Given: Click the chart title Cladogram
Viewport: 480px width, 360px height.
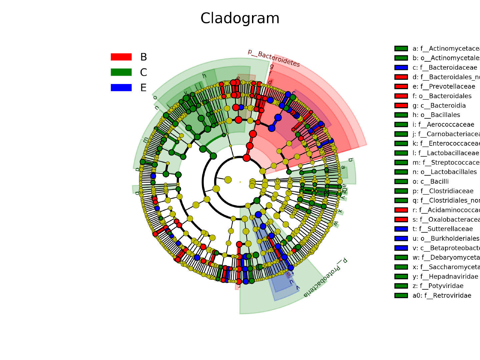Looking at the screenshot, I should click(x=240, y=18).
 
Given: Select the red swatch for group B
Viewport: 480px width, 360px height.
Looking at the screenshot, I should click(x=121, y=57).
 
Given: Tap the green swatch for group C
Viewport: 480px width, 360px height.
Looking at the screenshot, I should click(x=121, y=72).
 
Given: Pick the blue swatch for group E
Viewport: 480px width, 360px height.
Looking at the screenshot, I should click(x=121, y=88).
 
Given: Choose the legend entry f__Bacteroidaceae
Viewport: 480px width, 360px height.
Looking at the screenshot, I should click(x=445, y=68).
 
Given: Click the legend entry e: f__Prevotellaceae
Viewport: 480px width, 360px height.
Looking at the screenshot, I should click(x=444, y=87).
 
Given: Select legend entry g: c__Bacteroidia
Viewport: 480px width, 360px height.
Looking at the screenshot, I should click(x=439, y=106).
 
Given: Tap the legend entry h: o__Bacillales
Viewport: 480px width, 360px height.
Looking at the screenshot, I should click(x=436, y=115).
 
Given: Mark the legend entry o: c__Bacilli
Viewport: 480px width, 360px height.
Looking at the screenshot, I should click(x=430, y=182).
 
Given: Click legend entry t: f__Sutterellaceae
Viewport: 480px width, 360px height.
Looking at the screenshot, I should click(x=442, y=229).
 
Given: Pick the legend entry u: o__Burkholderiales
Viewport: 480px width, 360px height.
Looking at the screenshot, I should click(x=446, y=239).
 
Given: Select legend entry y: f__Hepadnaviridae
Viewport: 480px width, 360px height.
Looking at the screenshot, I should click(x=445, y=277).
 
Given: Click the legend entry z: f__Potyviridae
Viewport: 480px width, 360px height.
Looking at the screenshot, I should click(x=438, y=286).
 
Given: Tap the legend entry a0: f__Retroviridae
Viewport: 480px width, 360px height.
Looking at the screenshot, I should click(x=442, y=296).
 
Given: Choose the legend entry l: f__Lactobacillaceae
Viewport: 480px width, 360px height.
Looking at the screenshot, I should click(x=445, y=153).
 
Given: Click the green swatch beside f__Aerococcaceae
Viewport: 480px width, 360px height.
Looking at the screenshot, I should click(x=401, y=125).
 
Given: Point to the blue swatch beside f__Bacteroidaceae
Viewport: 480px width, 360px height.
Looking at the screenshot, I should click(x=401, y=68).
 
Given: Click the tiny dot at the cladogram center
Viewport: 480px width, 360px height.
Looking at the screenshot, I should click(x=240, y=182).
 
